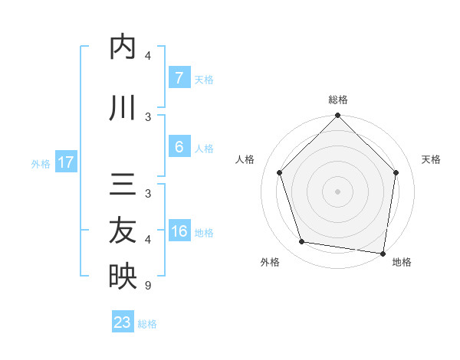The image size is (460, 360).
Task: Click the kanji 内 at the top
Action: (x=123, y=47)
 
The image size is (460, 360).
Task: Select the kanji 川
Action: (x=123, y=109)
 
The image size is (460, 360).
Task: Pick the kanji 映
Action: (x=123, y=277)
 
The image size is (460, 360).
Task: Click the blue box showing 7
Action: (x=179, y=78)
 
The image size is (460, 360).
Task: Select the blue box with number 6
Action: (x=179, y=147)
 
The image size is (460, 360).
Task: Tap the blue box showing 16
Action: (x=179, y=231)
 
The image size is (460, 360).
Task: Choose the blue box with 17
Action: (x=65, y=162)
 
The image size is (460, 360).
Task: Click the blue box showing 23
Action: (x=122, y=322)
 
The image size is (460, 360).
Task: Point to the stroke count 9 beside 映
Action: (x=148, y=286)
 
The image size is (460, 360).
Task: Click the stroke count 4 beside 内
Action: (x=148, y=56)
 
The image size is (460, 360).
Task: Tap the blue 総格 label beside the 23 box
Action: (x=147, y=323)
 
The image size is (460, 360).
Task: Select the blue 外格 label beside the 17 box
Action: (x=40, y=163)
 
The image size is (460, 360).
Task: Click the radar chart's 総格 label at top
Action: (x=337, y=100)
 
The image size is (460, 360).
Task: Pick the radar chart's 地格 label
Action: (x=402, y=262)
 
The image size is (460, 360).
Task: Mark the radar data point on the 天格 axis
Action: (x=396, y=172)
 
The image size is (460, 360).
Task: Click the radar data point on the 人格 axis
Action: (x=279, y=172)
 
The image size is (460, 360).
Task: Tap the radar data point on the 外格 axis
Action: (x=302, y=242)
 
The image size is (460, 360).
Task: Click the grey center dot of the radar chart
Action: (x=337, y=191)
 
